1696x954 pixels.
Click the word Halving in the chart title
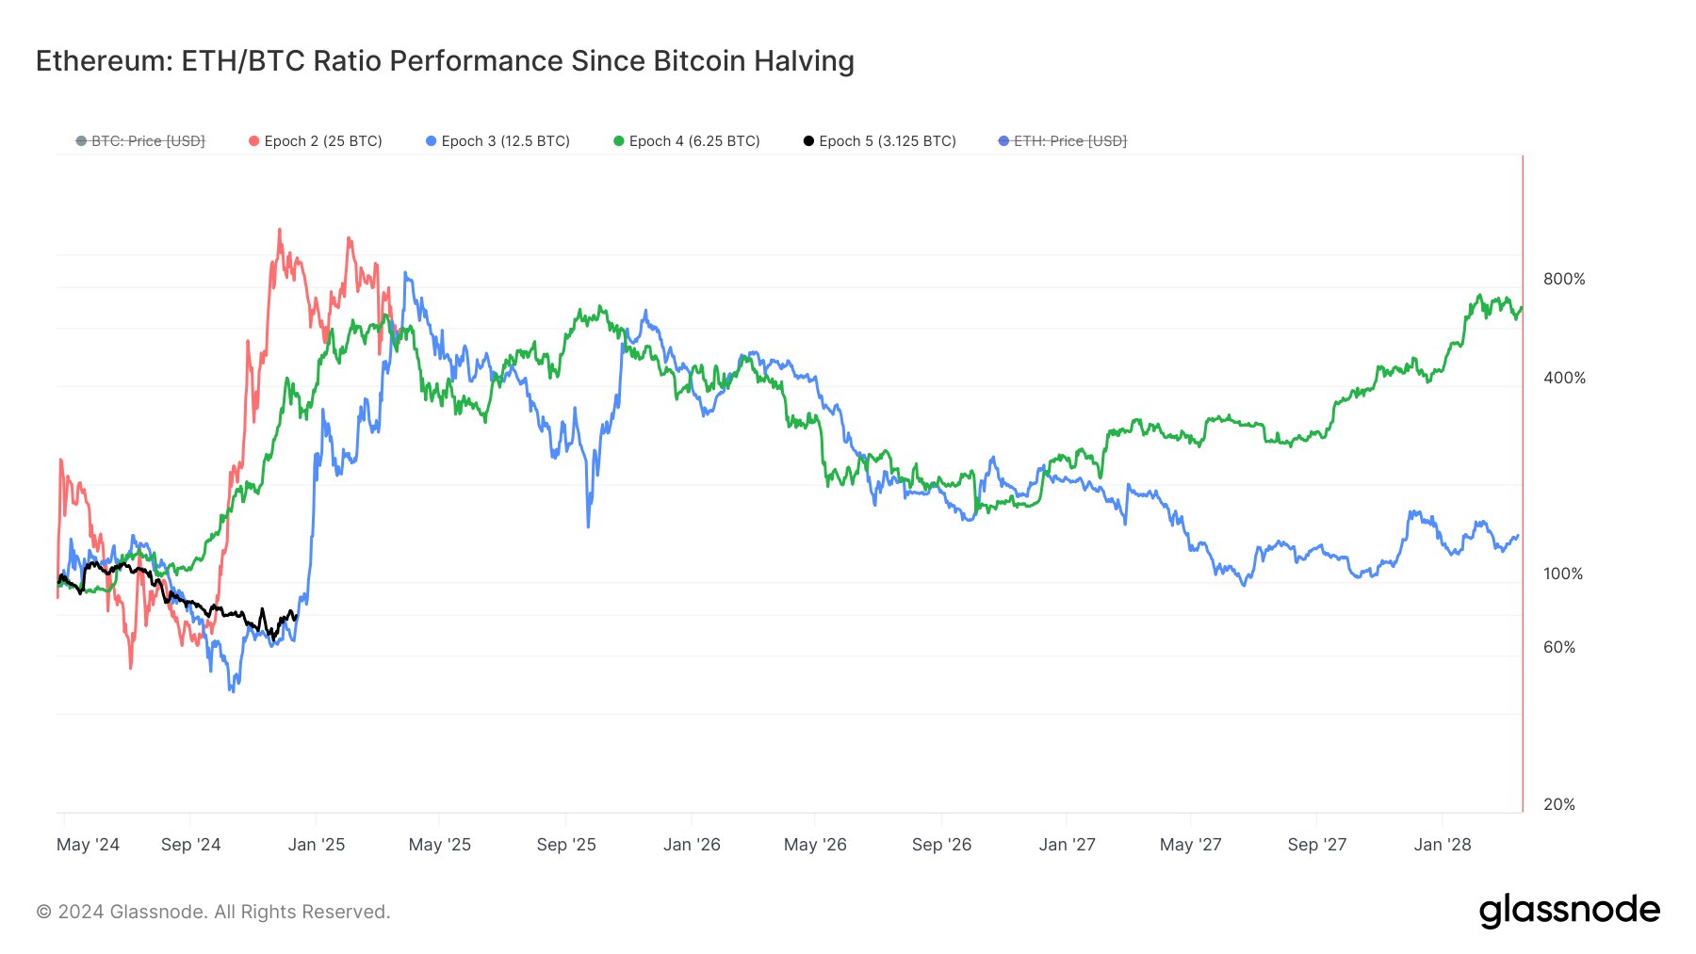(x=800, y=61)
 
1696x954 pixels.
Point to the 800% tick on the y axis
(x=1564, y=279)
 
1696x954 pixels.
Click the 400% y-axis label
(x=1564, y=378)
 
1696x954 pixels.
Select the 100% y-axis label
(x=1563, y=574)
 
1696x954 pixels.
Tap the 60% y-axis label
(x=1559, y=647)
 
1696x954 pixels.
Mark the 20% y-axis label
(x=1559, y=804)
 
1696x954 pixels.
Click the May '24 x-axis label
(x=88, y=845)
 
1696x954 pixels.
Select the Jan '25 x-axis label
(x=317, y=845)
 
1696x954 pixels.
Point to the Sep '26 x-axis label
(x=941, y=845)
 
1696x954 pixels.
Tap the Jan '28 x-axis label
(x=1443, y=845)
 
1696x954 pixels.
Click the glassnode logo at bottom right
(x=1570, y=911)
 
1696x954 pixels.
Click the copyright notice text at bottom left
(x=213, y=912)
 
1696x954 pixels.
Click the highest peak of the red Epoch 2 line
(x=280, y=229)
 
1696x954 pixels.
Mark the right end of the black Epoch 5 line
(x=296, y=617)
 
